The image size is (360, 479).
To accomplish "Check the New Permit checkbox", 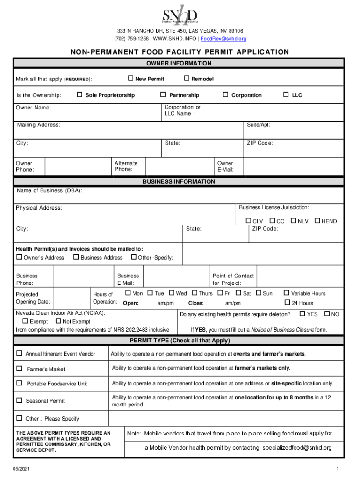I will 131,79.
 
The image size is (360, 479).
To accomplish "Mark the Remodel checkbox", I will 187,79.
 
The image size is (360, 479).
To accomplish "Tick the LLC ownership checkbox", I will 287,95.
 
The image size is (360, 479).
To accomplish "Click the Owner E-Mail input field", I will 294,167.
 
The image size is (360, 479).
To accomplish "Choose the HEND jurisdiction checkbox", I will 317,221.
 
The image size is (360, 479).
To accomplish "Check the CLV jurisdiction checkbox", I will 249,221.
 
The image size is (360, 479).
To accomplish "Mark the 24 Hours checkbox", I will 287,303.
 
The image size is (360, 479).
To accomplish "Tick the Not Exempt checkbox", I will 58,321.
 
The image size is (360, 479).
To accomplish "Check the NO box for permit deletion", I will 327,314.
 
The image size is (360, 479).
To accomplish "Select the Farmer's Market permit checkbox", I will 19,369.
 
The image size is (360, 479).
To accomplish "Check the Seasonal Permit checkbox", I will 19,400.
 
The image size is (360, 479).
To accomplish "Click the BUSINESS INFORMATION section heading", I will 179,181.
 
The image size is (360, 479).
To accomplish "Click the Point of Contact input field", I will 299,279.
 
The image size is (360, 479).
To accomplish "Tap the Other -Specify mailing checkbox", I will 134,257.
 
